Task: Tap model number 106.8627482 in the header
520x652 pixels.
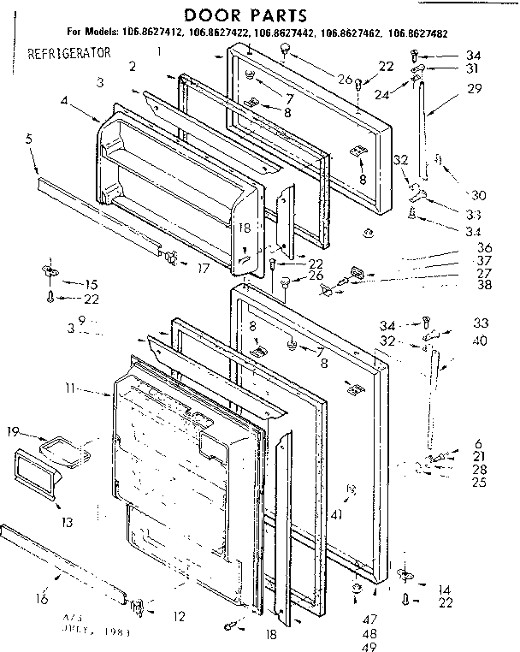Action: tap(417, 34)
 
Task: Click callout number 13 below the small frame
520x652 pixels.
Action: tap(66, 521)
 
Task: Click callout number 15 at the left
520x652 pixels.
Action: tap(89, 283)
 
